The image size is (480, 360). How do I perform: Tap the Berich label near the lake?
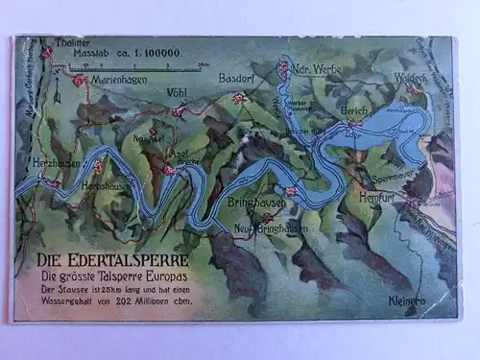(354, 111)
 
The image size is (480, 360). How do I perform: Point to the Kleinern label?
(407, 300)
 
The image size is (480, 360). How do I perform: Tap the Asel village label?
(178, 153)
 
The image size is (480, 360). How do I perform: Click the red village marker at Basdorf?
(239, 97)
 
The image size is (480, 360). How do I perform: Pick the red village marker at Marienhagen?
(79, 81)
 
